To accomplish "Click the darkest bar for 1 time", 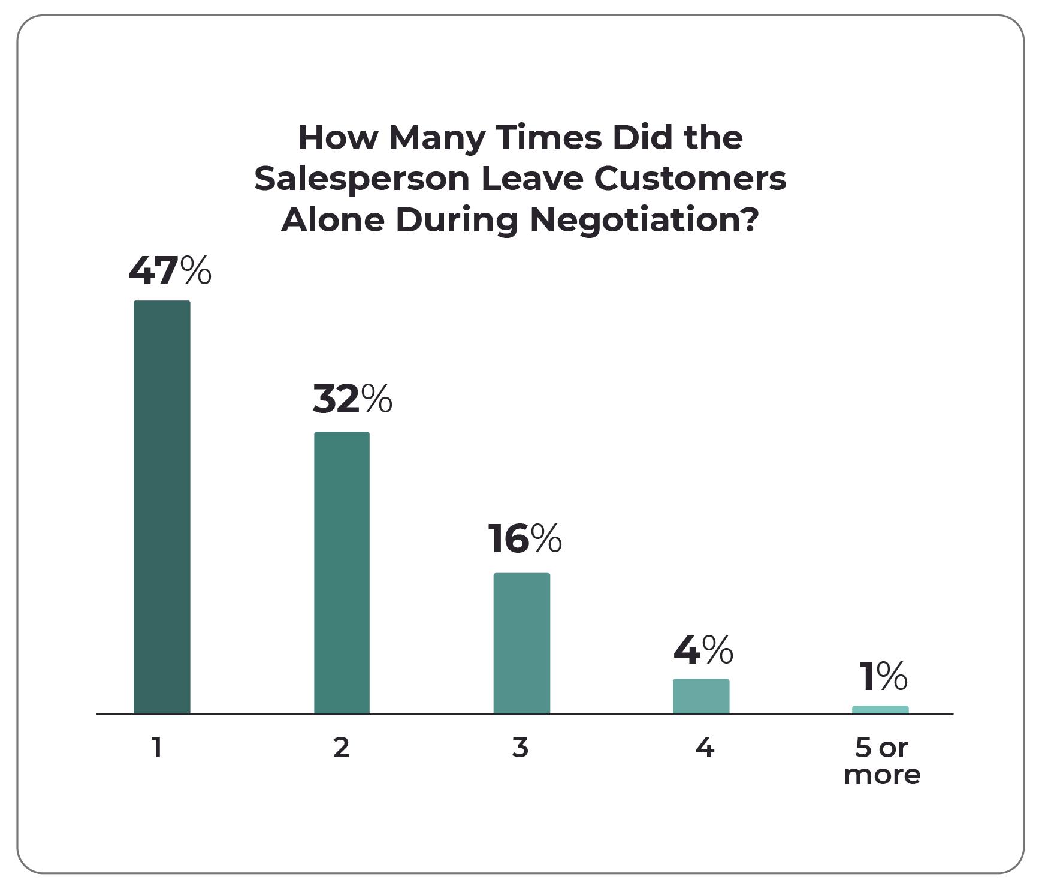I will tap(162, 507).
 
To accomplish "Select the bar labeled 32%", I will tap(342, 572).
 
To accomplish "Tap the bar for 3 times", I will tap(521, 643).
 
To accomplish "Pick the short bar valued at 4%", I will tap(700, 696).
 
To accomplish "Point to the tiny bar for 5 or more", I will tap(880, 710).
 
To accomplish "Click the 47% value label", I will tap(170, 271).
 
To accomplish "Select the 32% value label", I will tap(352, 400).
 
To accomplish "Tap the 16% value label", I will tap(524, 538).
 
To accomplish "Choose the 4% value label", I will tap(703, 650).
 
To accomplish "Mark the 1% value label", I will tap(883, 676).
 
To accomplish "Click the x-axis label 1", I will tap(157, 748).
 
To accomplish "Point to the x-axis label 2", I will tap(342, 748).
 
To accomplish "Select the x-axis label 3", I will tap(520, 748).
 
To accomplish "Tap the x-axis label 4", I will tap(705, 748).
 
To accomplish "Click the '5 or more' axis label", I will tap(881, 761).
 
